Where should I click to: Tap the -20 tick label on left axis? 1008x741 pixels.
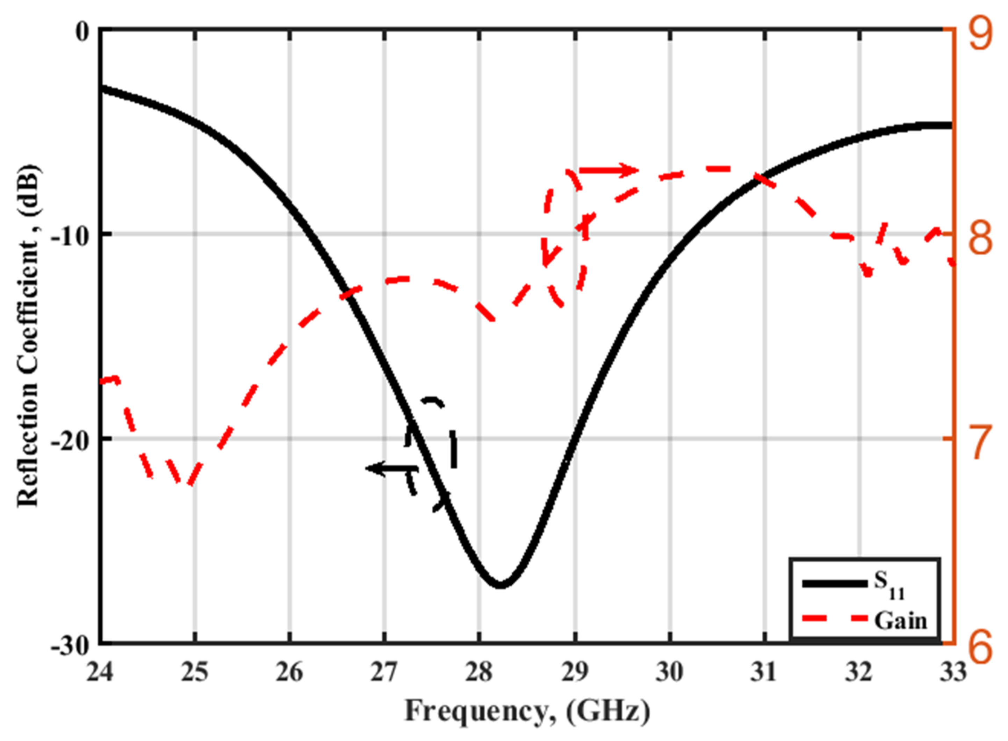pyautogui.click(x=72, y=441)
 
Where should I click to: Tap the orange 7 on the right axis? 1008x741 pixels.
pyautogui.click(x=980, y=444)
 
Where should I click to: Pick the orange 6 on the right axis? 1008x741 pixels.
pyautogui.click(x=980, y=649)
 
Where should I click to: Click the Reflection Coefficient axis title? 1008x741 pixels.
pyautogui.click(x=28, y=336)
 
